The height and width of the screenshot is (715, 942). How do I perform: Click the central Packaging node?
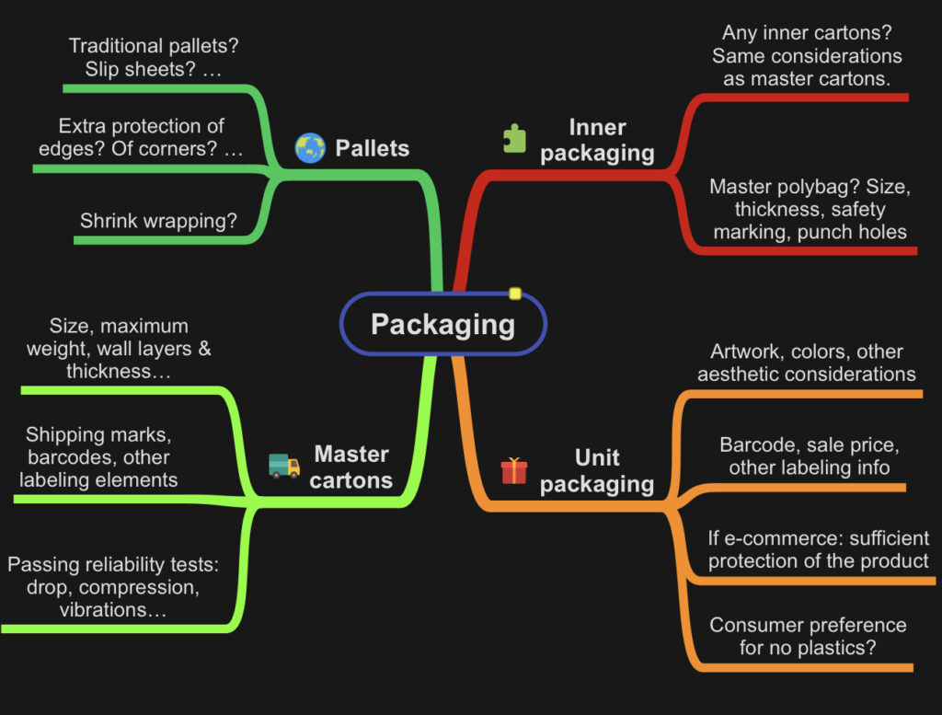[x=442, y=324]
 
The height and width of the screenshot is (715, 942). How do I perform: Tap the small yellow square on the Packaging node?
[x=515, y=294]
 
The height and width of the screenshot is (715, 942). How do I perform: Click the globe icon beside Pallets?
[x=310, y=148]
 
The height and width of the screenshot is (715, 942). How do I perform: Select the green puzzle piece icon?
[x=514, y=138]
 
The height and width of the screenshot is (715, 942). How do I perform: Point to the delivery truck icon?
[x=284, y=466]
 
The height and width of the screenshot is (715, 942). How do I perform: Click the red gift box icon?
[x=514, y=470]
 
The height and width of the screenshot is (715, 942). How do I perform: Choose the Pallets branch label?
[x=372, y=148]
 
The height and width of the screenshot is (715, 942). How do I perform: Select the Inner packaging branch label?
[x=597, y=140]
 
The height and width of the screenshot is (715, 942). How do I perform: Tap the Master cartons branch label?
[x=351, y=467]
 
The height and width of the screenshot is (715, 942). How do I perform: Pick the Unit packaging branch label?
[x=597, y=470]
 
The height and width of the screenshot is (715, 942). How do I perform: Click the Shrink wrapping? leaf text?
[x=158, y=221]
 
